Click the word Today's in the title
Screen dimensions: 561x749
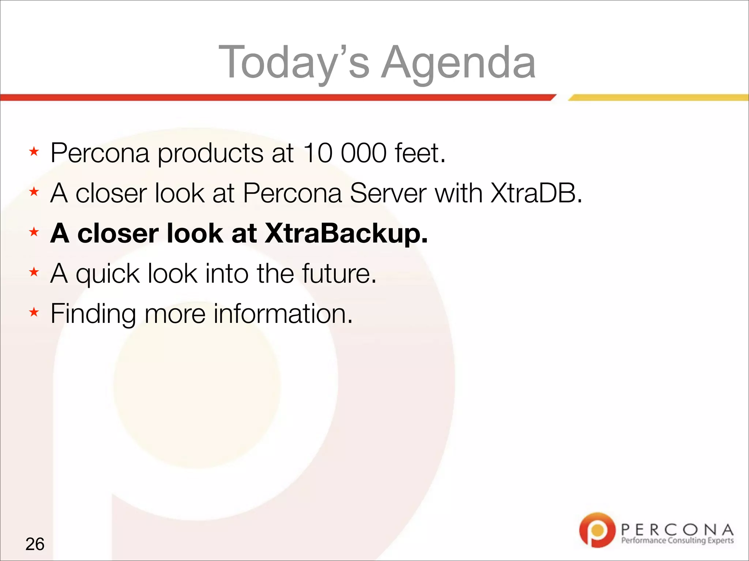click(294, 62)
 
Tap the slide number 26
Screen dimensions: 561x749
click(35, 544)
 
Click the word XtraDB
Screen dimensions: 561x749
click(536, 193)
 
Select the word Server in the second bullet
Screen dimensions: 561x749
click(388, 193)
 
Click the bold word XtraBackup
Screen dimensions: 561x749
click(346, 234)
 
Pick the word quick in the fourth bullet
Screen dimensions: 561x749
click(108, 274)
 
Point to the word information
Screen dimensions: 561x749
click(283, 313)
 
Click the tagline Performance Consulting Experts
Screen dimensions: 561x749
click(677, 541)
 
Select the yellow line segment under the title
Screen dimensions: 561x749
click(658, 98)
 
